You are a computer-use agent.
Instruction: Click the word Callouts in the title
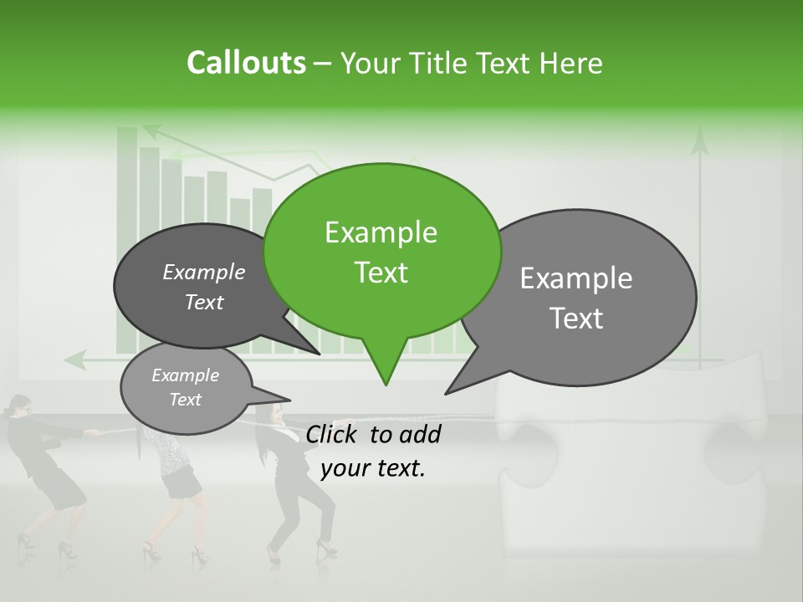point(246,63)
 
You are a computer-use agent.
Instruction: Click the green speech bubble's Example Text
point(381,253)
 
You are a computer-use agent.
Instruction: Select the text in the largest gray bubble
point(576,298)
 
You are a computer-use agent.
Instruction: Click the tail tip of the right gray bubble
point(447,393)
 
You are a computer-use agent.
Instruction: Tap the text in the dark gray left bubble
point(204,287)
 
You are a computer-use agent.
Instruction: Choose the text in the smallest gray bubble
point(186,387)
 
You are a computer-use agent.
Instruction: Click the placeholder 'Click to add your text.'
point(373,451)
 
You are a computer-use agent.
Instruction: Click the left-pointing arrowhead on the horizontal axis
point(71,360)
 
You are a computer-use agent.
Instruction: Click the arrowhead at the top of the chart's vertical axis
point(151,130)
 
